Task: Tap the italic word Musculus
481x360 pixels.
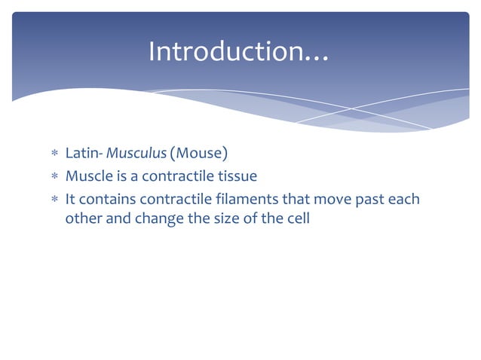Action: coord(136,154)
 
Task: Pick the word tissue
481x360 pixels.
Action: coord(237,177)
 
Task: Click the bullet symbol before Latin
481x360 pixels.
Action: coord(54,155)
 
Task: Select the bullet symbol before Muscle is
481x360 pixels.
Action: coord(54,178)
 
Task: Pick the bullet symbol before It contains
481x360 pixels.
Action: coord(54,200)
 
